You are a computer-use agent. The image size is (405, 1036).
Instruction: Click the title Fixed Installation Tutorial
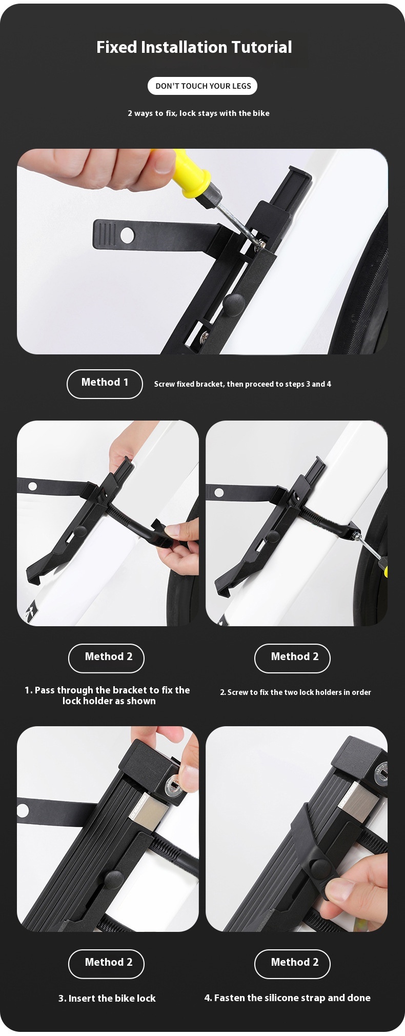194,48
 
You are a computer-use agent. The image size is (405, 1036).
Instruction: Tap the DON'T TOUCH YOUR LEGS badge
202,86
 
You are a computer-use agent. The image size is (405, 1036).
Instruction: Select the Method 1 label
105,384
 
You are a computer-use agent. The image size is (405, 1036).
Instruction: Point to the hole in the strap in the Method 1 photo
127,235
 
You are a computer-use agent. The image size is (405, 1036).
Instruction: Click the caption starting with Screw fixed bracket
242,384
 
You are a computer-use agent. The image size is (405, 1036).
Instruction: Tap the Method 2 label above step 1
106,658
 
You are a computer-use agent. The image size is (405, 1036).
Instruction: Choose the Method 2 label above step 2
292,658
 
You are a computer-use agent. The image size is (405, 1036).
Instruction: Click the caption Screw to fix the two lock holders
295,692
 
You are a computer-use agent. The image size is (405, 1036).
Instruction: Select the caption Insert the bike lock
107,998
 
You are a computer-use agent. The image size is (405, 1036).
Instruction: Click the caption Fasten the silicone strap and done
287,998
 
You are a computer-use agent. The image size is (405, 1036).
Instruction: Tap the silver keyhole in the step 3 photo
174,785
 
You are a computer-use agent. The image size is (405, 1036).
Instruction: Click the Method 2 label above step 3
106,964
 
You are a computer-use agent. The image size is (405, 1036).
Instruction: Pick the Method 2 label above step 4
292,964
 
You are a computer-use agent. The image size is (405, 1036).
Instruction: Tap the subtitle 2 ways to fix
198,113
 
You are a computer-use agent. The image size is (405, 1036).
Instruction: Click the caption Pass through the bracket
108,695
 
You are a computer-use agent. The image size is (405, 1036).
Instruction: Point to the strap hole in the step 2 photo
219,492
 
